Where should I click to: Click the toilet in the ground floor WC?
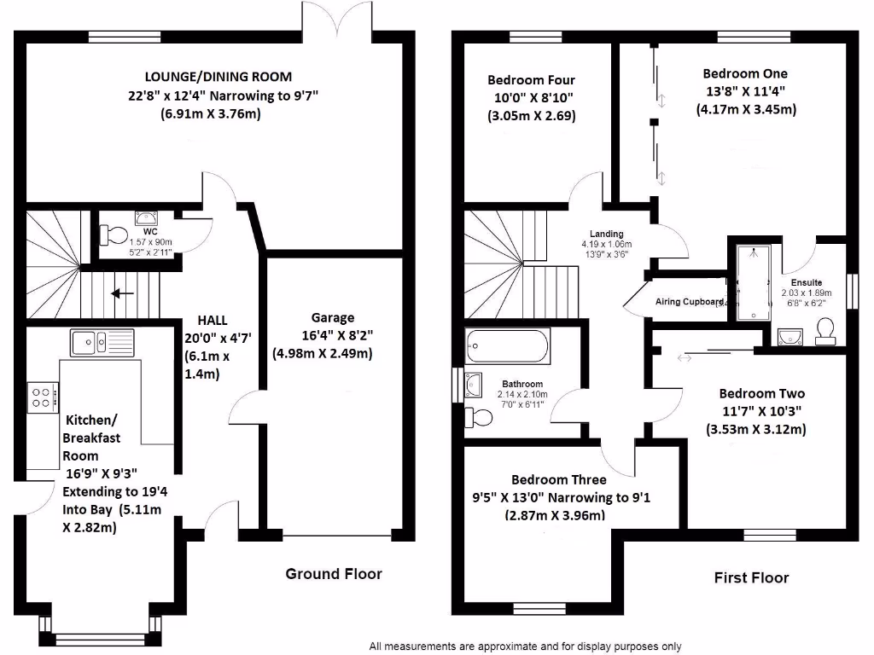coord(114,234)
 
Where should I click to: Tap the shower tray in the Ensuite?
coord(751,281)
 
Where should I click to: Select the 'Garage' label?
coord(332,317)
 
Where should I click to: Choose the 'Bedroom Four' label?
coord(531,81)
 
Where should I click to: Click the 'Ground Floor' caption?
coord(333,574)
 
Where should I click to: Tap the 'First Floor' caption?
coord(751,578)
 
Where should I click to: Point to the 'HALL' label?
coord(213,320)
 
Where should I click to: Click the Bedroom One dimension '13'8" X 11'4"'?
coord(745,91)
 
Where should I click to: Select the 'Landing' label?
coord(606,234)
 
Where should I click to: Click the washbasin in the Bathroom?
coord(475,386)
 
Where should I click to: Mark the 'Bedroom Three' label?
coord(559,480)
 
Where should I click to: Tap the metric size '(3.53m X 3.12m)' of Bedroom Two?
coord(755,429)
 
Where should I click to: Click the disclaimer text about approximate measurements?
coord(525,646)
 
